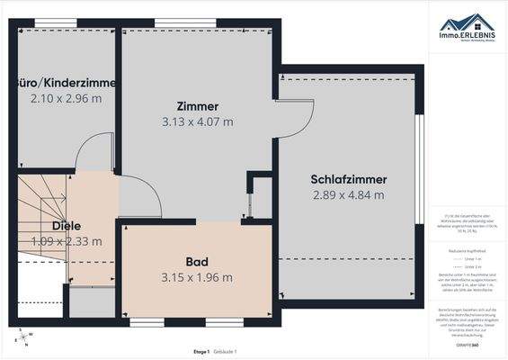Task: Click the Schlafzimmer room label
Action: pos(348,178)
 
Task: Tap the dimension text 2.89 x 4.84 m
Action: pos(348,194)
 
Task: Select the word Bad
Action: pos(197,261)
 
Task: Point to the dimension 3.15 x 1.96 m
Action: pos(197,277)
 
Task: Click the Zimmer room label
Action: pos(198,106)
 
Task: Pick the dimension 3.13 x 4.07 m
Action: pos(198,121)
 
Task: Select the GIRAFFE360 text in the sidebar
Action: pos(466,345)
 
